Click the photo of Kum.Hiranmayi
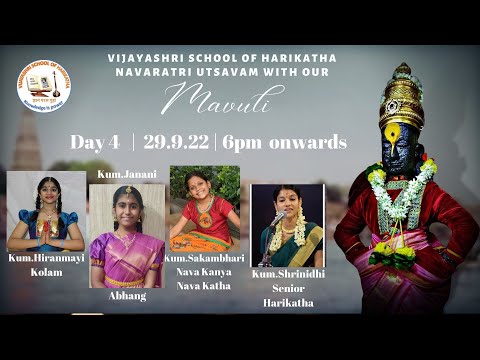[46, 211]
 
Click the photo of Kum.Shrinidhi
[287, 225]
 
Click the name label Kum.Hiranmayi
[46, 258]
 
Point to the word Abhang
[126, 296]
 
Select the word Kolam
[46, 271]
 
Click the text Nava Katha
[204, 285]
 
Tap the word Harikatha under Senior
[288, 301]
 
